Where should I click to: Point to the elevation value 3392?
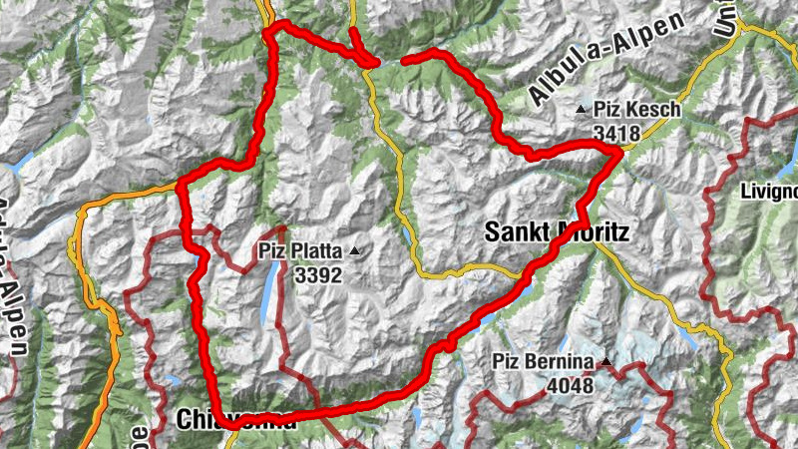[x=318, y=273]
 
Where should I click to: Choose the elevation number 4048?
[x=570, y=386]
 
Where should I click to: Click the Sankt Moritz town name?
[x=556, y=232]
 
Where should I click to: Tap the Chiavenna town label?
[x=235, y=420]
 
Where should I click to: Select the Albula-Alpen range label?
[x=607, y=60]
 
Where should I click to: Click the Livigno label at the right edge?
[x=770, y=191]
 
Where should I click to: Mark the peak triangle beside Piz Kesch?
[x=582, y=108]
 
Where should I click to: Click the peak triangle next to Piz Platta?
[x=352, y=250]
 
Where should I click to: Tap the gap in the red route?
[x=391, y=62]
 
